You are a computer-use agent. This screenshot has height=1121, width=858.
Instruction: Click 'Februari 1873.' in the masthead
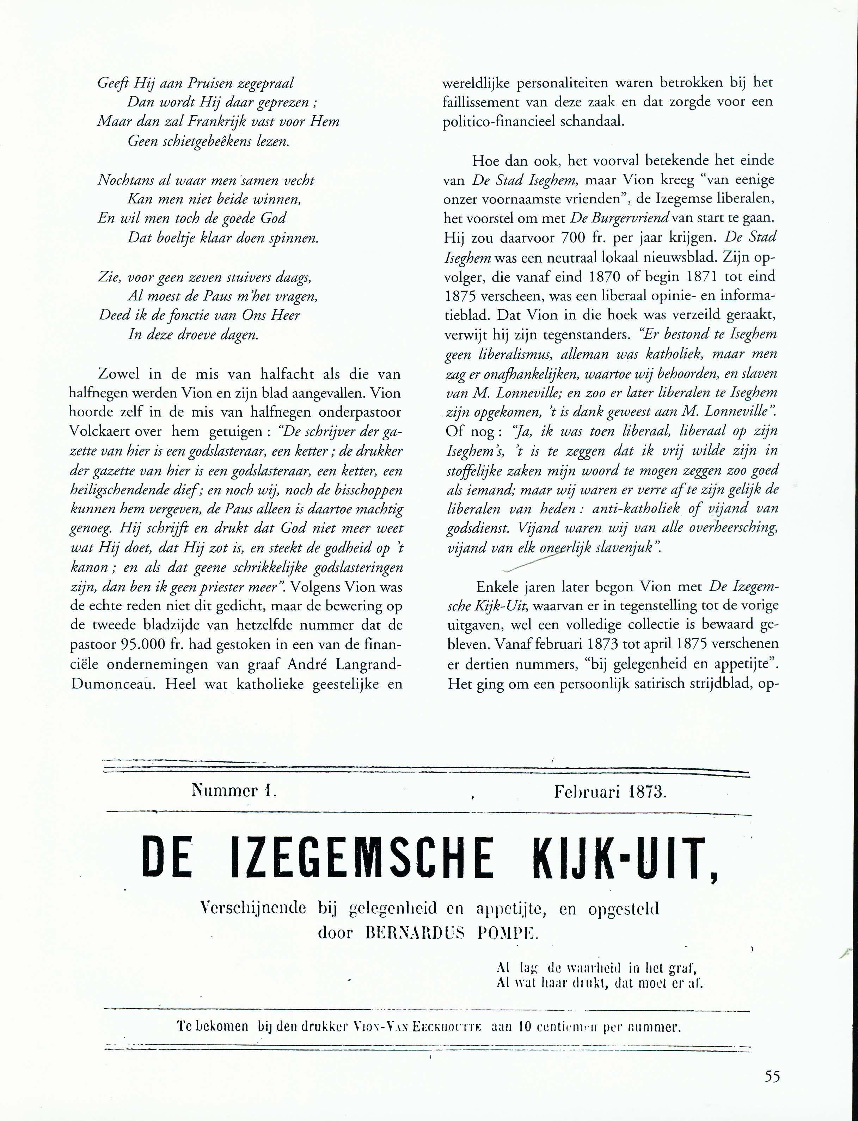610,792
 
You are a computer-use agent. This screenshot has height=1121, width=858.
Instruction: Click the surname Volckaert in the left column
98,431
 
